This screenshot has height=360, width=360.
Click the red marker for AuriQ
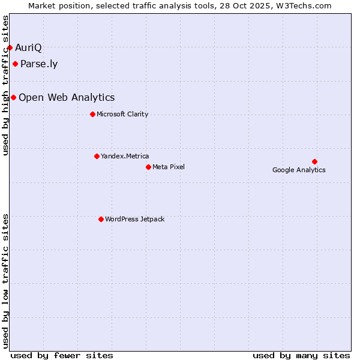coord(10,47)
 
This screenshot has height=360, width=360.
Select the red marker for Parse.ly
coord(15,64)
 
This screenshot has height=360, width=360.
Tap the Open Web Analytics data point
coord(13,97)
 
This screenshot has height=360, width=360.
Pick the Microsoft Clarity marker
coord(92,114)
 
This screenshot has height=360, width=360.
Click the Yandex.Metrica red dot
coord(97,156)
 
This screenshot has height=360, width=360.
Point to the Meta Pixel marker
coord(148,167)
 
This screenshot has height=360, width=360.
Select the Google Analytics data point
coord(314,161)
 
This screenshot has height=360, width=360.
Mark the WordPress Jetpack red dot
coord(101,219)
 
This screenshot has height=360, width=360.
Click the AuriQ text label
coord(28,47)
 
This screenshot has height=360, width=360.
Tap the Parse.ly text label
coord(39,64)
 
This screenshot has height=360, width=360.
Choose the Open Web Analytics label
coord(67,98)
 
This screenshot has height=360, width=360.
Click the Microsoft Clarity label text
coord(122,114)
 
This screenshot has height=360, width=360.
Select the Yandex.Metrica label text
coord(125,156)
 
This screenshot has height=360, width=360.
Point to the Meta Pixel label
coord(169,167)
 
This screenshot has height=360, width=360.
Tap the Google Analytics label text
coord(299,170)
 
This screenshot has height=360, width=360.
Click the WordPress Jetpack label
coord(134,219)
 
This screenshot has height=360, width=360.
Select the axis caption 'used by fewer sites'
coord(62,355)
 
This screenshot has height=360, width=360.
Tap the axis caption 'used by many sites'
coord(301,355)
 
